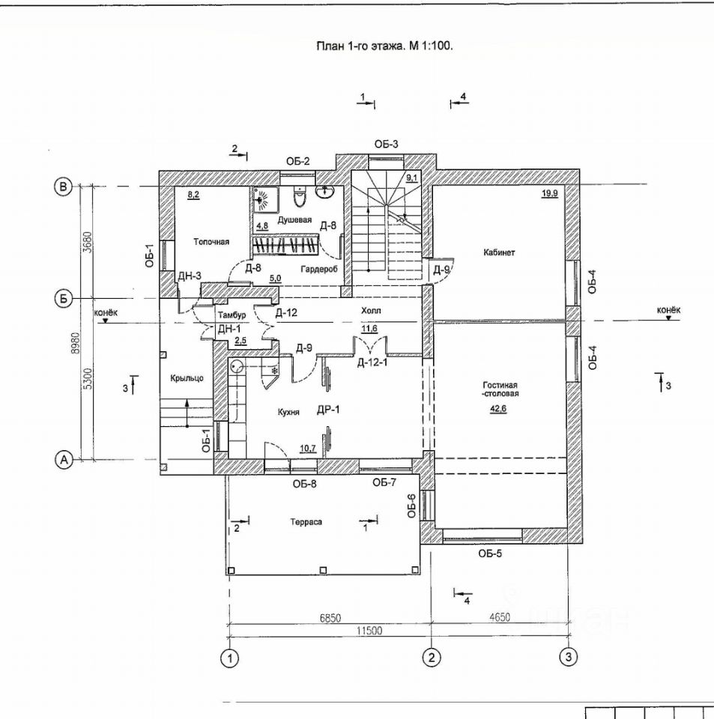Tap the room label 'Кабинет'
coord(500,252)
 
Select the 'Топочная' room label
coord(211,242)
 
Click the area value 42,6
coord(500,408)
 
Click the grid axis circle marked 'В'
coord(64,186)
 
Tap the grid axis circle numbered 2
coord(432,657)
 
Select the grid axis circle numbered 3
coord(569,657)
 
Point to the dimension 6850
coord(330,618)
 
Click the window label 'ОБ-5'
coord(490,554)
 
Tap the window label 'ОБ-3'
coord(387,145)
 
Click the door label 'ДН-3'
coord(189,276)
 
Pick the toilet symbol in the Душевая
coord(299,198)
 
